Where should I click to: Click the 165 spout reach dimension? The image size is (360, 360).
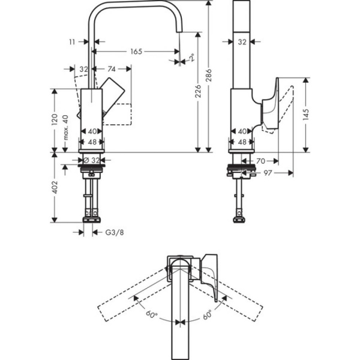(136, 52)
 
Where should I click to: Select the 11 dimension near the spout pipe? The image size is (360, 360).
(73, 43)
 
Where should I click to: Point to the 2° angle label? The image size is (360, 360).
(191, 58)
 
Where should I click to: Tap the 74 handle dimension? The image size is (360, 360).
(111, 70)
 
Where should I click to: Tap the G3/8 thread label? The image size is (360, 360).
(114, 232)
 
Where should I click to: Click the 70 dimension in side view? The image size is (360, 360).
(262, 161)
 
